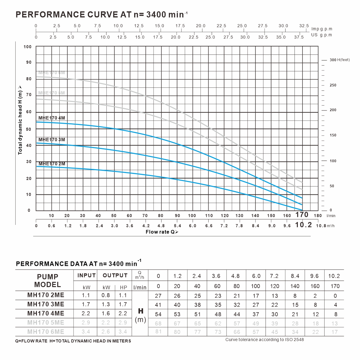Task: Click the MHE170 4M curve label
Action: point(52,118)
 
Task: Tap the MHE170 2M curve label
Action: point(52,164)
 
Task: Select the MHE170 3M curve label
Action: point(52,140)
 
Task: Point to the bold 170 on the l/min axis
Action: point(302,215)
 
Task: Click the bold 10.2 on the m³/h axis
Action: point(303,225)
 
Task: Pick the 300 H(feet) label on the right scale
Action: point(339,60)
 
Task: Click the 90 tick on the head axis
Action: point(29,62)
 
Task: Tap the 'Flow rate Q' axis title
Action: point(162,232)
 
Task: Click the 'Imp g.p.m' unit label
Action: point(322,29)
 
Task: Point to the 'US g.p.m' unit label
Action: point(322,35)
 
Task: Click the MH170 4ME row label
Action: point(46,314)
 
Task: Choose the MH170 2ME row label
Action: point(46,295)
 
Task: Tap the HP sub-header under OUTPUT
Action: point(123,287)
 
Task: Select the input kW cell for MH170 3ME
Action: point(86,305)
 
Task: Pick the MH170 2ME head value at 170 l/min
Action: point(335,296)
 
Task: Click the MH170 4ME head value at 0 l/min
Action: point(158,314)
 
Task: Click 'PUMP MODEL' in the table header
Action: point(48,280)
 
